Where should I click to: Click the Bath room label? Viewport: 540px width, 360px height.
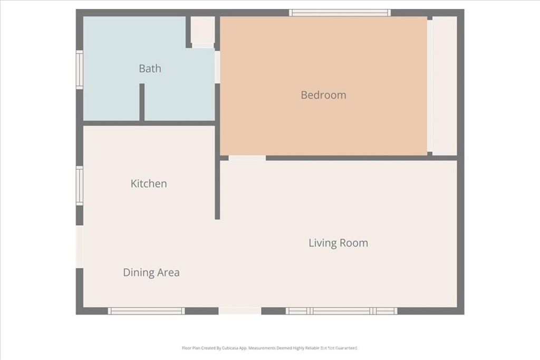(150, 69)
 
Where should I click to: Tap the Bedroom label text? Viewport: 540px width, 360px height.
(323, 95)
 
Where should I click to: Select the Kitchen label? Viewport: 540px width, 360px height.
(149, 184)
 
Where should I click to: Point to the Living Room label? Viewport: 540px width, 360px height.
(338, 243)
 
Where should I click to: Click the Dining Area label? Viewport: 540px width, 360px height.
(151, 273)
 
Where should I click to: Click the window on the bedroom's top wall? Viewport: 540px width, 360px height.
(340, 13)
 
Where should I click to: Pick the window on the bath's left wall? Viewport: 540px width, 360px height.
(80, 69)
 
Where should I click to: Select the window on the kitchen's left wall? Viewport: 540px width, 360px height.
(80, 186)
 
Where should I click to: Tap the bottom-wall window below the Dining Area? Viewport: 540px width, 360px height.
(146, 311)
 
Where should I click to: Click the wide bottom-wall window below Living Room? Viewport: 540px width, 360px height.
(342, 311)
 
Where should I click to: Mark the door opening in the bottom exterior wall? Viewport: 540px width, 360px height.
(240, 311)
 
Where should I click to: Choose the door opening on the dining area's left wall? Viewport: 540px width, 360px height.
(80, 247)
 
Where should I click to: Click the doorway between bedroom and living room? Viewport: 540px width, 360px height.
(247, 158)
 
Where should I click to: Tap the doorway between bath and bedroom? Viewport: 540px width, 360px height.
(217, 67)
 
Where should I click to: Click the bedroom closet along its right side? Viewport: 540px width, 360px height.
(445, 86)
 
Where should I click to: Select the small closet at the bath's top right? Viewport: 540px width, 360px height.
(202, 30)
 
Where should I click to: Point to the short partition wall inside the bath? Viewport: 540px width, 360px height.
(142, 102)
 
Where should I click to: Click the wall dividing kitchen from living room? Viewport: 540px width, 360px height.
(217, 190)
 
